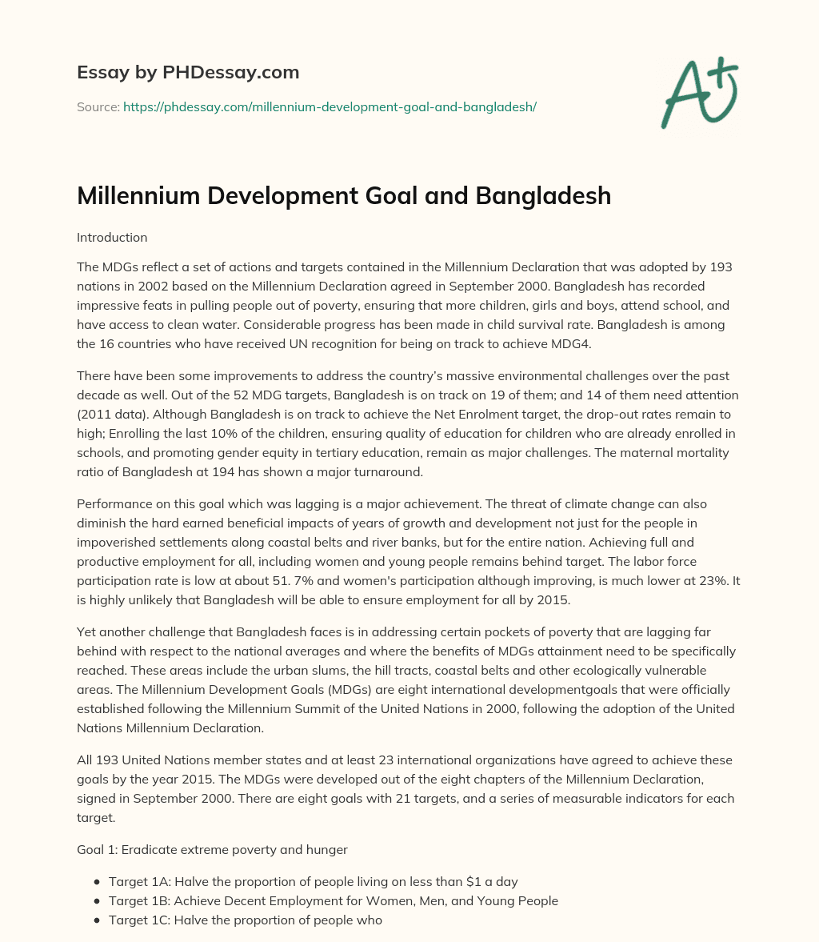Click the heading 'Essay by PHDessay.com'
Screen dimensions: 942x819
coord(188,72)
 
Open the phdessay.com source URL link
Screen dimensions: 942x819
coord(330,106)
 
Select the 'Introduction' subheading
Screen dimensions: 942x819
coord(112,238)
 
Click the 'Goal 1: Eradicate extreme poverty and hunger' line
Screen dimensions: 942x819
coord(212,850)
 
